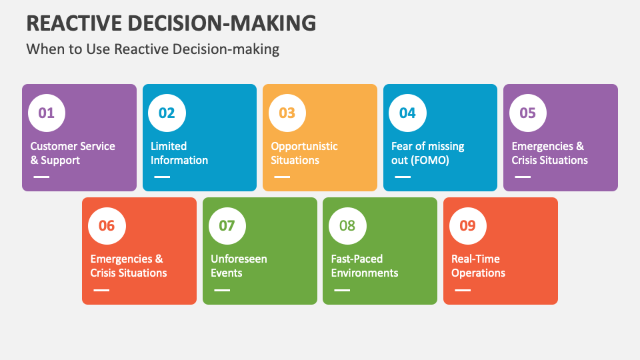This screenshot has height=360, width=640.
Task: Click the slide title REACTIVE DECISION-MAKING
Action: coord(171,23)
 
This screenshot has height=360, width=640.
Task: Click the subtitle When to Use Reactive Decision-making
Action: coord(152,49)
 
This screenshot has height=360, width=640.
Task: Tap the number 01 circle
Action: coord(47,113)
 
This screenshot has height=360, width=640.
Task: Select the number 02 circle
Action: coord(167,113)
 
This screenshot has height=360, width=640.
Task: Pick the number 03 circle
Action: coord(287,113)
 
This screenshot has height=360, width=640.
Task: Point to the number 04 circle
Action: coord(407,113)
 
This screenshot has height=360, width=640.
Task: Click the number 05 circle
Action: coord(528,113)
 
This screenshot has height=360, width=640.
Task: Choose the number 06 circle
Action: coord(107,225)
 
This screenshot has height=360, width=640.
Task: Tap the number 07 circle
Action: coord(227,225)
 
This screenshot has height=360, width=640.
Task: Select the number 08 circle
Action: coord(347,225)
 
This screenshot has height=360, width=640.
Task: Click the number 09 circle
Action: coord(468,225)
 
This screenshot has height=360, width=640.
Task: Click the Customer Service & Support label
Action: coord(73,153)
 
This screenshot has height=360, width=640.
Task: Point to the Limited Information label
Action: coord(179,153)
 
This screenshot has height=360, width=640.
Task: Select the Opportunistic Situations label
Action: coord(304,153)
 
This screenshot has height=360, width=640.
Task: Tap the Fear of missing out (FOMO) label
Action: coord(427,153)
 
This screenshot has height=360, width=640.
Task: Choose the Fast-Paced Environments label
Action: coord(364,266)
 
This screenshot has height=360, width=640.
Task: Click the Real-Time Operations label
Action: coord(478,266)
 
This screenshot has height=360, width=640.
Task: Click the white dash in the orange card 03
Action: coord(282,177)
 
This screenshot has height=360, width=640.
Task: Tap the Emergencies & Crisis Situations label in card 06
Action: coord(129,266)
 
